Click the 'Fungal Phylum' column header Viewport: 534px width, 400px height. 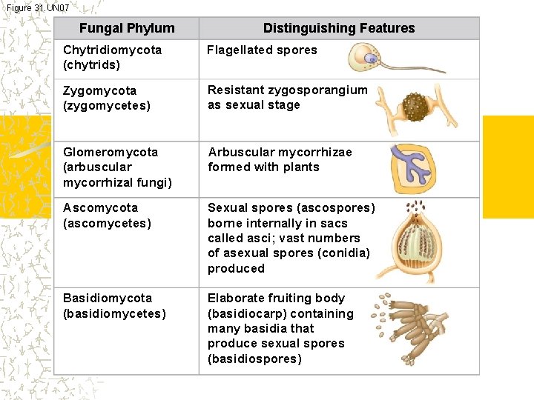click(x=127, y=29)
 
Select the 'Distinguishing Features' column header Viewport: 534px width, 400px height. click(x=339, y=29)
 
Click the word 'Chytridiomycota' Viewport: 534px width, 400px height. click(x=112, y=50)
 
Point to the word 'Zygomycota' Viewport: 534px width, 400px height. click(x=100, y=90)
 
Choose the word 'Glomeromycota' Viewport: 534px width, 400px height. click(x=111, y=152)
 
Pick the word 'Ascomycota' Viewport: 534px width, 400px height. click(x=100, y=207)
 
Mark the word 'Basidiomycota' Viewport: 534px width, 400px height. click(x=108, y=298)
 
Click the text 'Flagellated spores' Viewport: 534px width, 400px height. click(x=262, y=50)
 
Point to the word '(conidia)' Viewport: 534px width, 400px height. click(x=343, y=253)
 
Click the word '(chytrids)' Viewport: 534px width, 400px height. click(x=92, y=65)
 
